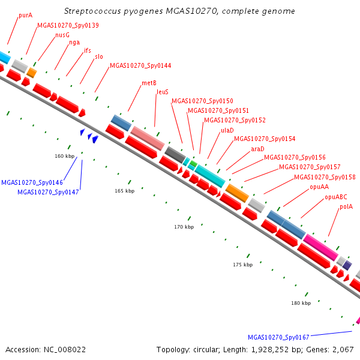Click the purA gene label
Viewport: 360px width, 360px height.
[x=25, y=16]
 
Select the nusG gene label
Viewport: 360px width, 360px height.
[x=62, y=35]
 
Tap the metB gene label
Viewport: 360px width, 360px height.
[x=149, y=83]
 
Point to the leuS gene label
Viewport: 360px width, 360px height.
[x=163, y=92]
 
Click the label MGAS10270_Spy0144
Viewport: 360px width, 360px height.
[x=140, y=65]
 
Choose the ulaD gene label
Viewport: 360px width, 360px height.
[x=227, y=130]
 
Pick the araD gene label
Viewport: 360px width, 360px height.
[x=257, y=149]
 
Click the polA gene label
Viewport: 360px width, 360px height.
[x=346, y=206]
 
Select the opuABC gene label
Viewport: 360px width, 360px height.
[x=336, y=197]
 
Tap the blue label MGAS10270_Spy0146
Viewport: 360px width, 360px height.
[x=32, y=182]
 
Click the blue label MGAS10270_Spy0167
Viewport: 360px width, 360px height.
[x=278, y=337]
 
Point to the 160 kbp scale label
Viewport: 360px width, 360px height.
[x=65, y=156]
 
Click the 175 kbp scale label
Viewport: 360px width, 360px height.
[x=242, y=265]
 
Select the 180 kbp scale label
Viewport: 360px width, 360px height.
[x=301, y=303]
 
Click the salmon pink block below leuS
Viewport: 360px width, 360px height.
[x=148, y=138]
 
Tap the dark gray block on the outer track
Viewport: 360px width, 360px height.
[x=175, y=155]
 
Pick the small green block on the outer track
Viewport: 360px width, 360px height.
[x=194, y=164]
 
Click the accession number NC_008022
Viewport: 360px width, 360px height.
[x=65, y=350]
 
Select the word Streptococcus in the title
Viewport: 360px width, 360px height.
[x=92, y=11]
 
